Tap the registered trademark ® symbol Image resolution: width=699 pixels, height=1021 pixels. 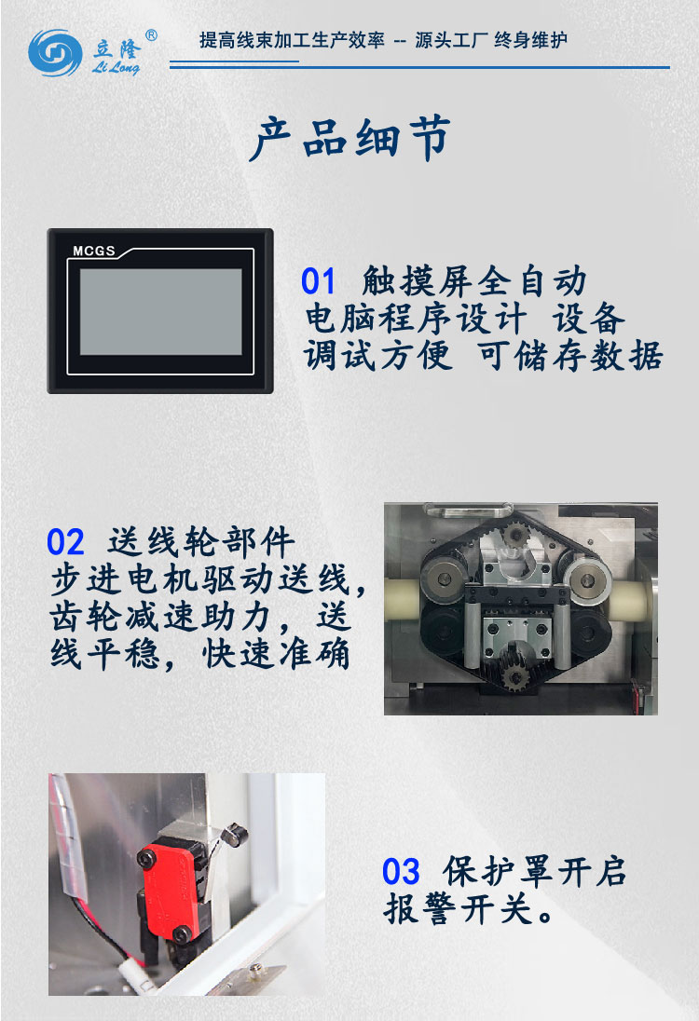click(151, 35)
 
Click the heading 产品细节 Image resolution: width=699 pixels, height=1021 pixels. click(350, 140)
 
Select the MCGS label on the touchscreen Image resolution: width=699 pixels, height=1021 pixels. click(93, 251)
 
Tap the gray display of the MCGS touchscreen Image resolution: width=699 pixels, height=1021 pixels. click(160, 312)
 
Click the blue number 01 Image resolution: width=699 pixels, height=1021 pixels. click(318, 281)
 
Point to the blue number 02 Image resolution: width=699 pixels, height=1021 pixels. click(65, 542)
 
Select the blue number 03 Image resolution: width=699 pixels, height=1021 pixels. click(401, 873)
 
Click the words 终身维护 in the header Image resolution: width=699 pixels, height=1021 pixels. click(530, 40)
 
